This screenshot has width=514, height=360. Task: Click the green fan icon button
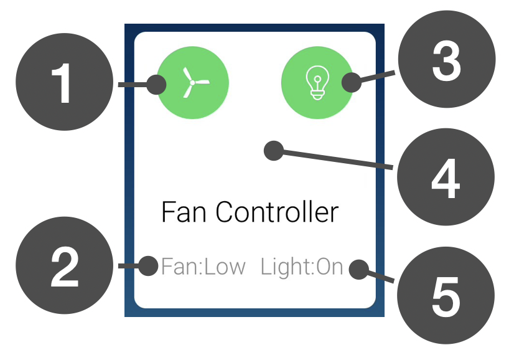(194, 82)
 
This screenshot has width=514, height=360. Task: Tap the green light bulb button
(316, 82)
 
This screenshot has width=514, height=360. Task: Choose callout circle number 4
(446, 178)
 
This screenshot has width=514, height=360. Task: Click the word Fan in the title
(184, 212)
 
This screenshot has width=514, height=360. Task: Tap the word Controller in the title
(278, 212)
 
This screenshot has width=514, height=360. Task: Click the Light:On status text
(302, 267)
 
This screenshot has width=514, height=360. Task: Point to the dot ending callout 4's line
(273, 150)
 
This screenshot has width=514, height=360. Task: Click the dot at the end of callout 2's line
(149, 267)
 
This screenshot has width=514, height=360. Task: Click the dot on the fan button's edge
(157, 83)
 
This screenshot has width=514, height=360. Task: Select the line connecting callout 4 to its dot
(336, 159)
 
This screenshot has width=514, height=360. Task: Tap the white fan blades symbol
(194, 82)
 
